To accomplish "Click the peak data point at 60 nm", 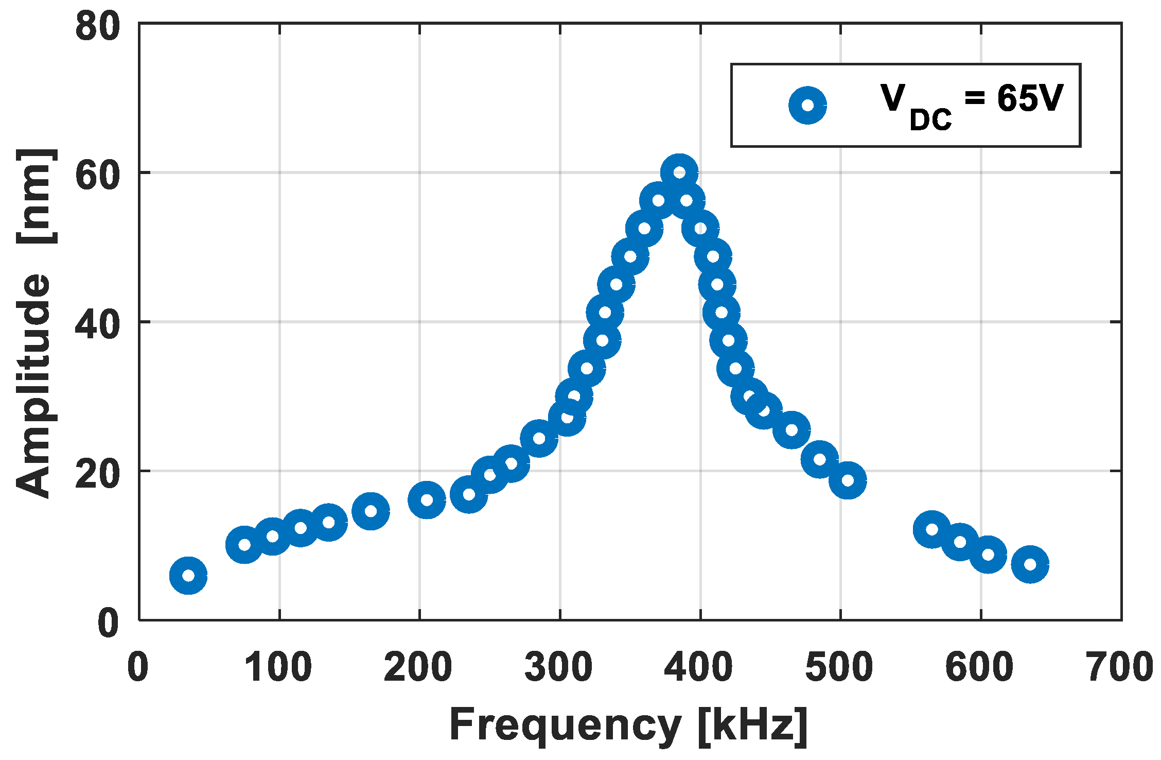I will [679, 172].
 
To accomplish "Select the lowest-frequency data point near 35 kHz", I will [188, 575].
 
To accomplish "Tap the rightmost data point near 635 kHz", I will [1030, 564].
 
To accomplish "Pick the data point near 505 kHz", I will [848, 480].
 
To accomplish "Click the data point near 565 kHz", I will [932, 529].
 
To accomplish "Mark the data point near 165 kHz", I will [371, 511].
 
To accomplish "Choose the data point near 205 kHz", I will [427, 499].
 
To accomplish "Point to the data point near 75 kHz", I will [244, 545].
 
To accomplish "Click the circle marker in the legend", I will [807, 105].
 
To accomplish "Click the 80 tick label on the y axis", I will [98, 27].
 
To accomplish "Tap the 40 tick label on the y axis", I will [98, 325].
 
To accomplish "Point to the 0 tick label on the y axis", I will [109, 624].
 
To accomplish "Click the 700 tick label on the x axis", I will [1120, 667].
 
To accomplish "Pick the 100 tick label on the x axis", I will [278, 667].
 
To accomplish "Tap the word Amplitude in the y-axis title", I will [33, 386].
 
